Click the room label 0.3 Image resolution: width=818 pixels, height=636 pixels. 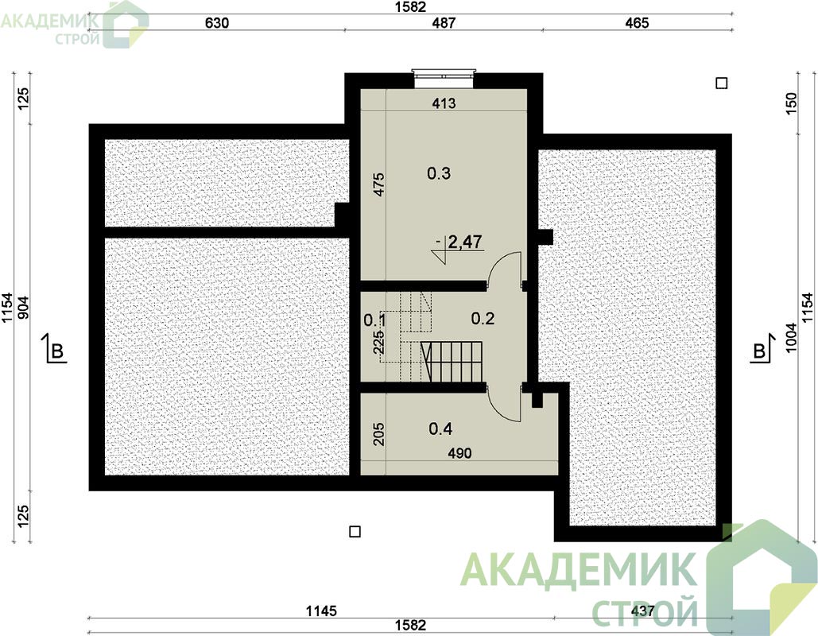tap(439, 173)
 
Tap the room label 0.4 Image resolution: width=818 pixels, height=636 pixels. tap(440, 429)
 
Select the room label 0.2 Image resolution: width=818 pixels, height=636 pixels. tap(483, 318)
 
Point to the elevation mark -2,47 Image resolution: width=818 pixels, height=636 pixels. tap(459, 242)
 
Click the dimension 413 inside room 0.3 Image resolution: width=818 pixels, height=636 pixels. tap(444, 103)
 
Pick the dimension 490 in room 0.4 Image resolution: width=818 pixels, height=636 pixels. tap(459, 453)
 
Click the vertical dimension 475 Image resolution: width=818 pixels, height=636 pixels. tap(379, 184)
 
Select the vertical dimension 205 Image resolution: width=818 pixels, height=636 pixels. tap(379, 434)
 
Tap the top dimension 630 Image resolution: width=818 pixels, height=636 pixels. tap(216, 23)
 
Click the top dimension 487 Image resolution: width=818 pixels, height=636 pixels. tap(444, 23)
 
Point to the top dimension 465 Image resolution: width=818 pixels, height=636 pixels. tap(637, 23)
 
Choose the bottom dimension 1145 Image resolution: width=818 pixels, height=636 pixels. tap(321, 611)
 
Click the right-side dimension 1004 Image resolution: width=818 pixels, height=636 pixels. tap(792, 338)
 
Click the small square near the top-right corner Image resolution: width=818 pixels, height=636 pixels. tap(722, 83)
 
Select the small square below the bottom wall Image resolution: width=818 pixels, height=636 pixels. tap(355, 532)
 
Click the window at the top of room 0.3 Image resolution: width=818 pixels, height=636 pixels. tap(444, 74)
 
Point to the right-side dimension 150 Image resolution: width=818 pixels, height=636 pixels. tap(792, 103)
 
